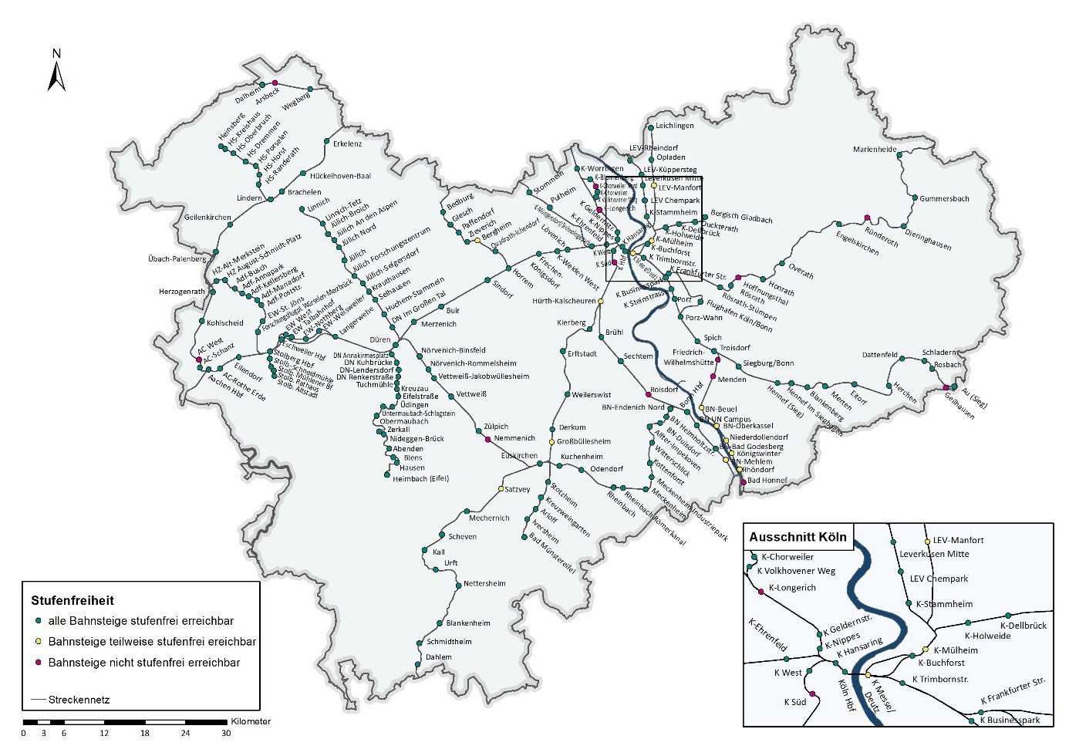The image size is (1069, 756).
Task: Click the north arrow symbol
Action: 56,71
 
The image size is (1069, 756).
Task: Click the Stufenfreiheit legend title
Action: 73,600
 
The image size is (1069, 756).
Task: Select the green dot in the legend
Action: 37,621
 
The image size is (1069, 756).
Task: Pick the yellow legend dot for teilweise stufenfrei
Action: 37,642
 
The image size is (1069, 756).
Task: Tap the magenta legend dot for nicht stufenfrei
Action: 37,663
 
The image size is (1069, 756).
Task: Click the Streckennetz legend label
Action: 79,700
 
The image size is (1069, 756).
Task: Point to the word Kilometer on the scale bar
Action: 251,722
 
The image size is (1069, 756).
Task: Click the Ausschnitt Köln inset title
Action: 798,538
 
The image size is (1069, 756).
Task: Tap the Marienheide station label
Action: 875,150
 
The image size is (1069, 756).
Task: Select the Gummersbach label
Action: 944,199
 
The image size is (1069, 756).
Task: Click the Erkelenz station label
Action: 347,144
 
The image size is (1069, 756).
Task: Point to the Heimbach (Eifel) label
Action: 420,478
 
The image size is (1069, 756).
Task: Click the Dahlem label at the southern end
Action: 439,657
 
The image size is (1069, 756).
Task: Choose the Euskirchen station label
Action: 519,456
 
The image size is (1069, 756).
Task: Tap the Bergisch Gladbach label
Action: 741,218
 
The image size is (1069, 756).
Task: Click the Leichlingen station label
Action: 675,126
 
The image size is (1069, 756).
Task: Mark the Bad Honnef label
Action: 767,481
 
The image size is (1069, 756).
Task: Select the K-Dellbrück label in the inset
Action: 1023,626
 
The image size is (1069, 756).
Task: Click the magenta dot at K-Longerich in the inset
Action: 761,591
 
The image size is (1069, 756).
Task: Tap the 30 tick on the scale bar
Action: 226,733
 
